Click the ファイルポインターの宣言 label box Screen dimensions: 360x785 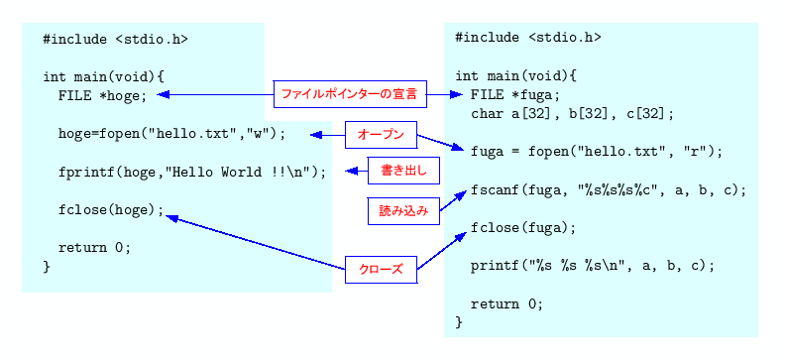[x=350, y=94]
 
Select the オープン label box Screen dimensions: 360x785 [x=381, y=134]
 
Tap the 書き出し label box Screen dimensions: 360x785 [x=403, y=171]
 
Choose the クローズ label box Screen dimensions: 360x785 [x=381, y=269]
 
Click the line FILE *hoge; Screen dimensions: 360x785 [x=102, y=95]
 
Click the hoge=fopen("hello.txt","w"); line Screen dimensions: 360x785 [x=171, y=133]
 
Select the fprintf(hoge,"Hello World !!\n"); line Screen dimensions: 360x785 [x=192, y=172]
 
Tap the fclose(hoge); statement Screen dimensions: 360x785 [x=111, y=210]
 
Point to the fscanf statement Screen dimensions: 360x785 [x=608, y=189]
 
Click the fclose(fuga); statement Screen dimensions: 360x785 [x=523, y=227]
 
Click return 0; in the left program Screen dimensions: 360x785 [x=94, y=248]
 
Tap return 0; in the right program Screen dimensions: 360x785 [x=506, y=303]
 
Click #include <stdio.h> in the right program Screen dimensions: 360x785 [x=528, y=38]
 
